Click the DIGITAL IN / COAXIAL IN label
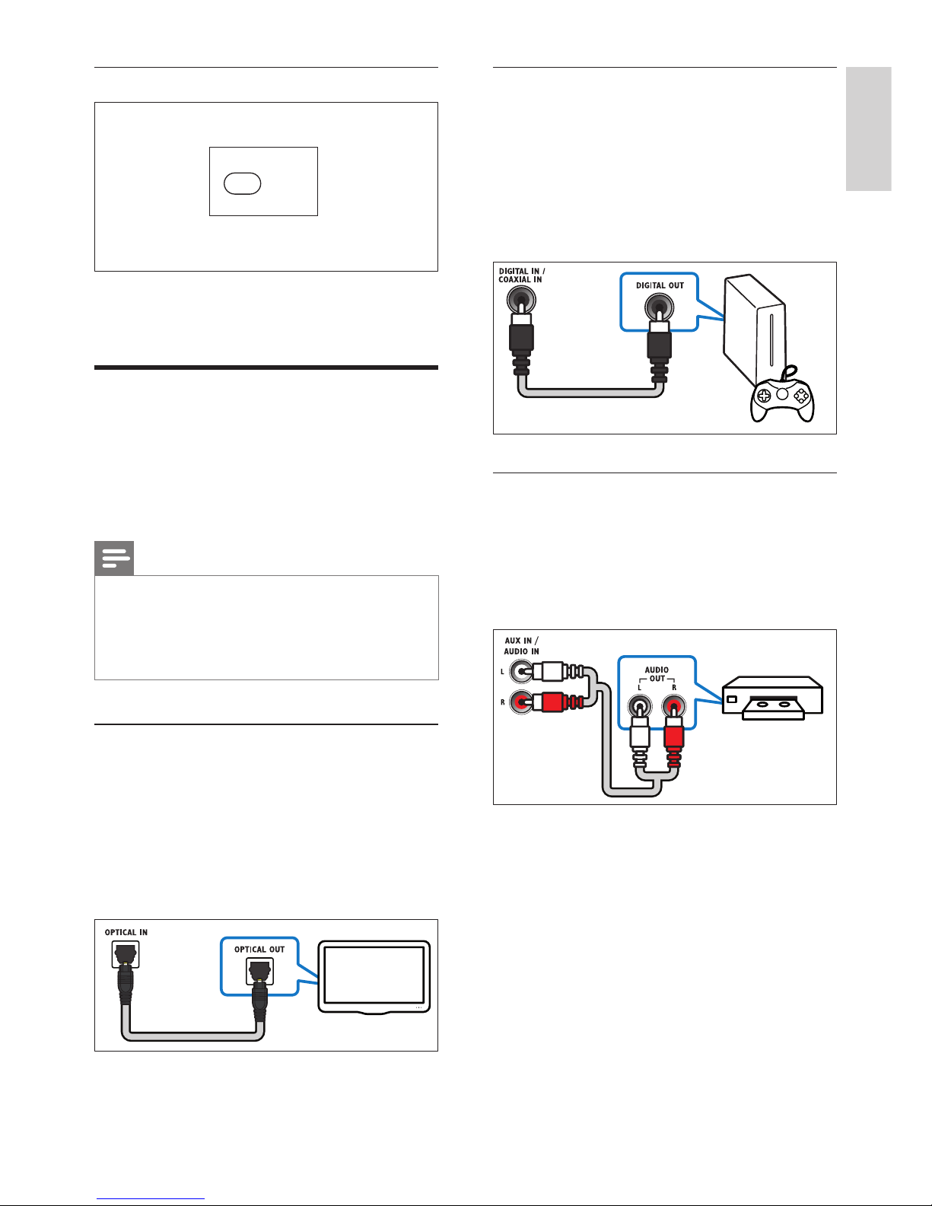coord(521,275)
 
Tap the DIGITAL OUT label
coord(660,285)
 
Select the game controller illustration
coord(782,393)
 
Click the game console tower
coord(755,329)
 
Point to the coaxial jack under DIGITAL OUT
coord(659,307)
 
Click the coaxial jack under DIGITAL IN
coord(521,301)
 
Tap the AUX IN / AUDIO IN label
coord(521,645)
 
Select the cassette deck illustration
coord(772,698)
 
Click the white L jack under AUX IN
coord(520,672)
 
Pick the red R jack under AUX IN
coord(520,702)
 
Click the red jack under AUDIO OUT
coord(673,707)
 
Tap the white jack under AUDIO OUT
coord(640,707)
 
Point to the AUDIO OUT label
coord(657,673)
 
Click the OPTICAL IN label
coord(126,932)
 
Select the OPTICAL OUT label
coord(259,950)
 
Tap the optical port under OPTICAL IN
coord(125,955)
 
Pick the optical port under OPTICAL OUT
coord(259,972)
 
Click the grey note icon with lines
coord(114,558)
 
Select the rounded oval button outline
coord(243,183)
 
